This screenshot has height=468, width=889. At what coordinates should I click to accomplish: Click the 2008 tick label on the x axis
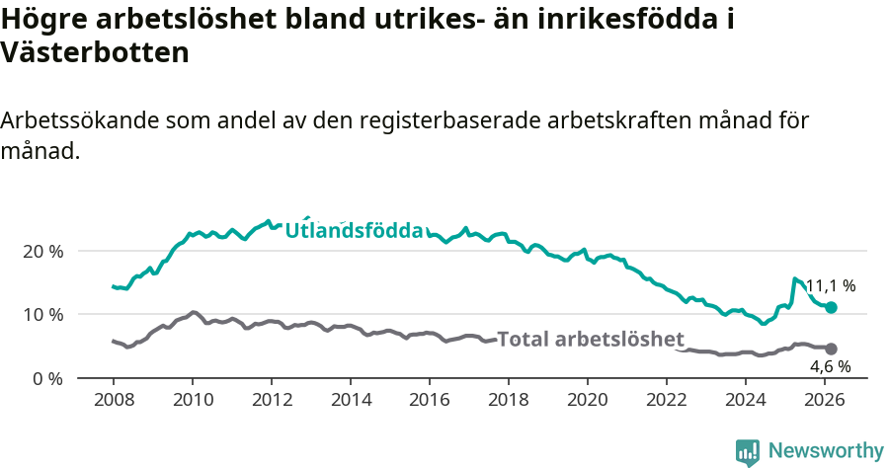click(x=113, y=400)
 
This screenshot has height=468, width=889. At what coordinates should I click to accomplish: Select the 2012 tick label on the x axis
click(x=271, y=400)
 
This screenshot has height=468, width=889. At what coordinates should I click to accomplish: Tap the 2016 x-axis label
click(x=429, y=400)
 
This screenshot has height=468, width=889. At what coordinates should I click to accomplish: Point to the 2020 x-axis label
click(x=587, y=400)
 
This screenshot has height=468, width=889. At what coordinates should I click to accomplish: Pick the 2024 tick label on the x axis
click(x=745, y=400)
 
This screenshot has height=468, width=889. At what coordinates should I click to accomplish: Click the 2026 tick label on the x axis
click(x=824, y=400)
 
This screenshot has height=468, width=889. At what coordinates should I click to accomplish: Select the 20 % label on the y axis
click(x=42, y=251)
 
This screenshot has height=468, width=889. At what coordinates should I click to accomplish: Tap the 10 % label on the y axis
click(x=42, y=314)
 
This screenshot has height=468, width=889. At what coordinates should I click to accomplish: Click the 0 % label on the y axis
click(x=47, y=378)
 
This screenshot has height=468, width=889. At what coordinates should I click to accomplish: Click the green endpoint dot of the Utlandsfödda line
click(x=831, y=308)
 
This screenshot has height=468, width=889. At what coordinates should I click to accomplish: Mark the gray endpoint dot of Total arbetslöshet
click(x=831, y=349)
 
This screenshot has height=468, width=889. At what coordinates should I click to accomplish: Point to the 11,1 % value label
click(x=830, y=286)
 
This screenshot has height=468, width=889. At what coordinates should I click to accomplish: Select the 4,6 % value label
click(x=830, y=366)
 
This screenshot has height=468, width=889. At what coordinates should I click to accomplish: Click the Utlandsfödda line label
click(x=354, y=231)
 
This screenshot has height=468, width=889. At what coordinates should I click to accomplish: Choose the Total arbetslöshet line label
click(x=590, y=340)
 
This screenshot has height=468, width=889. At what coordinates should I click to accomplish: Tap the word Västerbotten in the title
click(x=95, y=54)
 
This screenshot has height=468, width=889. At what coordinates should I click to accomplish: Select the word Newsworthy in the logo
click(x=825, y=450)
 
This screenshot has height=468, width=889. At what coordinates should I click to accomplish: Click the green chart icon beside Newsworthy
click(x=748, y=451)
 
